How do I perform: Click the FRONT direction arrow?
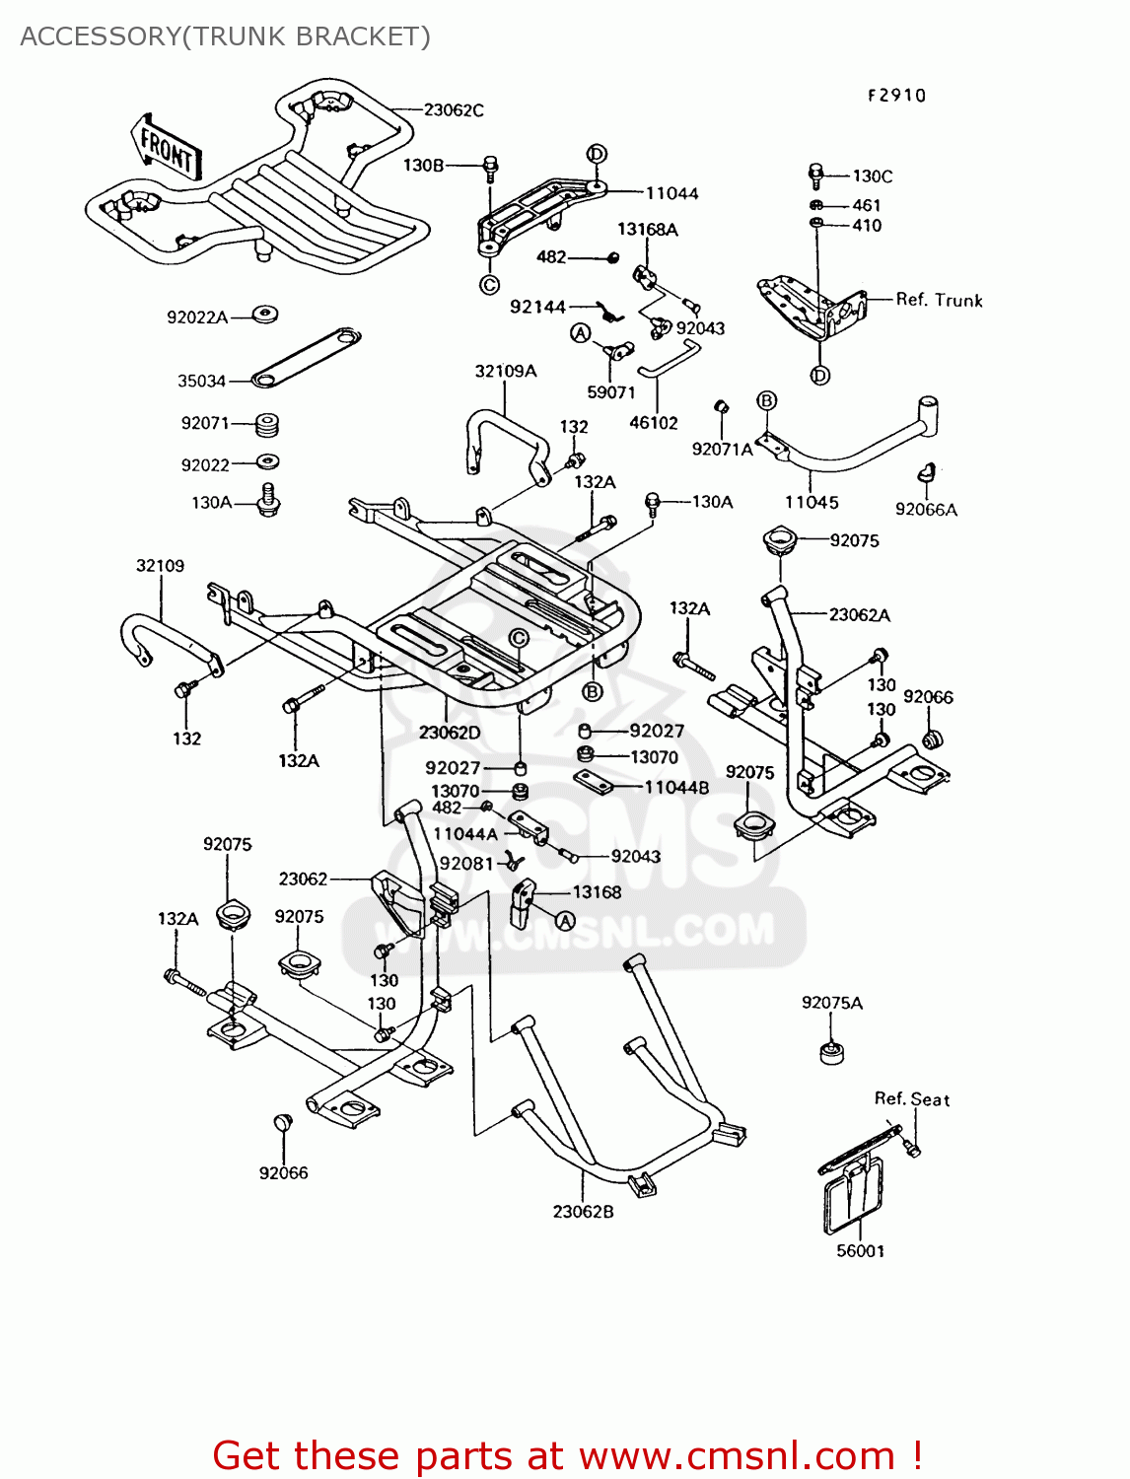point(167,149)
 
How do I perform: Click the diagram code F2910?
point(896,96)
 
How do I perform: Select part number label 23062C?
point(454,110)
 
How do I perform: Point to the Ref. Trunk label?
point(939,300)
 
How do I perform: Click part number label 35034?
point(201,382)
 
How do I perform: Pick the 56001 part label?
point(860,1251)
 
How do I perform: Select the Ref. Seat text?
point(912,1099)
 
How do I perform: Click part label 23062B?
point(583,1212)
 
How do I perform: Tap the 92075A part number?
point(831,1003)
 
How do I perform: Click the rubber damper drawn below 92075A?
point(832,1053)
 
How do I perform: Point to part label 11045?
point(812,503)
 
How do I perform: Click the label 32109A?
point(506,372)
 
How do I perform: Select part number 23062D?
point(450,733)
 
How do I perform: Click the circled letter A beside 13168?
point(565,921)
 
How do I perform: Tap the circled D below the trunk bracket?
point(820,375)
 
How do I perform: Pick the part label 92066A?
point(926,510)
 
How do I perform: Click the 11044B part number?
point(676,788)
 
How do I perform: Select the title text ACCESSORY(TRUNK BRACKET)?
point(225,36)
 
